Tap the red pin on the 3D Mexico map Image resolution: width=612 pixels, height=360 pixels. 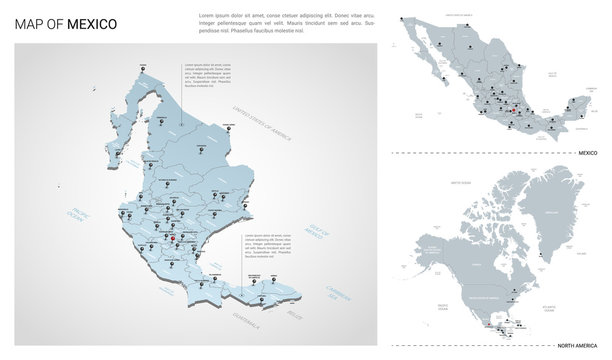174,238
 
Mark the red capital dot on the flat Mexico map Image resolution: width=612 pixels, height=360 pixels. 513,113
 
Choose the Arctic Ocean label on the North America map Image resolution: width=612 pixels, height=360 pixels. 460,183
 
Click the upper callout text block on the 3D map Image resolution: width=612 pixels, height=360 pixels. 204,75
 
